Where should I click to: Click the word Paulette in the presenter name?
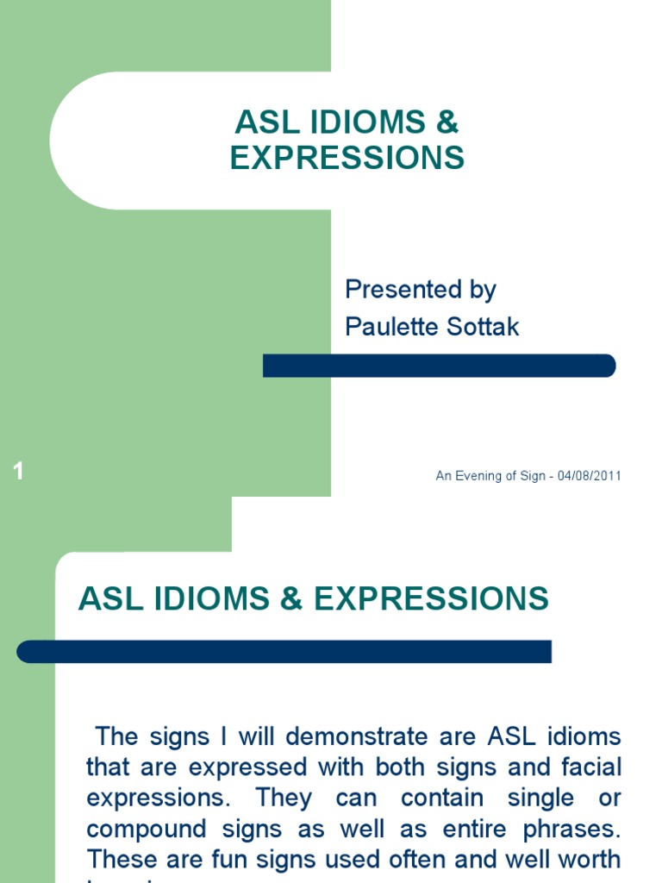point(384,327)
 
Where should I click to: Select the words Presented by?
point(421,290)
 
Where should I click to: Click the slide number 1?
point(18,472)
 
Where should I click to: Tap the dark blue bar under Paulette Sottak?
point(439,366)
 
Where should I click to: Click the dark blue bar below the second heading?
point(284,651)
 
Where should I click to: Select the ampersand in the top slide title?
point(447,122)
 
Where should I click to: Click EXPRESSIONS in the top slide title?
point(347,159)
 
